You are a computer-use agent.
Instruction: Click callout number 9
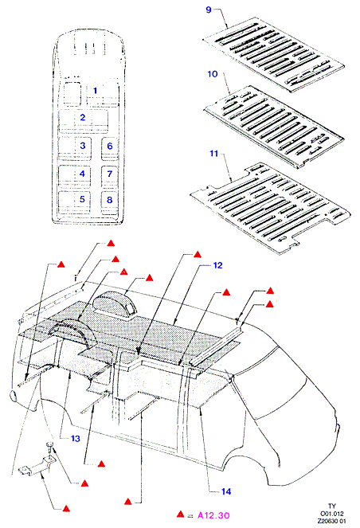[x=209, y=10]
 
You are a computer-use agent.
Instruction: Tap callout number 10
[x=213, y=74]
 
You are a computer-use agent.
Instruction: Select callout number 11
[x=214, y=154]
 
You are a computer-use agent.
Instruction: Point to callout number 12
[x=218, y=265]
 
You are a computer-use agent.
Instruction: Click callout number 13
[x=76, y=439]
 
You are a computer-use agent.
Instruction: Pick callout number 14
[x=226, y=491]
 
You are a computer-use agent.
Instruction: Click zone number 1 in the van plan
[x=95, y=91]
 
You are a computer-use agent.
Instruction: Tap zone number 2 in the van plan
[x=83, y=118]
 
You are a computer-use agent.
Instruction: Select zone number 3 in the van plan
[x=83, y=146]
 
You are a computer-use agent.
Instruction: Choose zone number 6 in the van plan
[x=110, y=147]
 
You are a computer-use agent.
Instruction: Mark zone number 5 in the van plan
[x=82, y=199]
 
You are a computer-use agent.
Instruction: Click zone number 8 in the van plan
[x=109, y=200]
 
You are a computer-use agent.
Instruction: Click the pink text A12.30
[x=213, y=515]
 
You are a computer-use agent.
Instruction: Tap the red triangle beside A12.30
[x=181, y=514]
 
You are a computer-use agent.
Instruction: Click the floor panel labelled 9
[x=273, y=54]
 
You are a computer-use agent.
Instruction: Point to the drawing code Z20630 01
[x=331, y=521]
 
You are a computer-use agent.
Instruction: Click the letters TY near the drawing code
[x=332, y=506]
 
